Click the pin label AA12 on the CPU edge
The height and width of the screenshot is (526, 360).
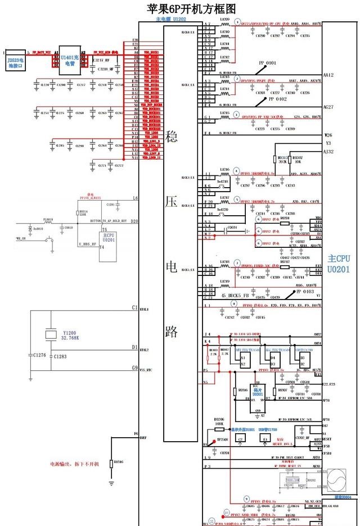click(x=329, y=75)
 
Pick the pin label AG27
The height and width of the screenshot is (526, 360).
click(x=329, y=107)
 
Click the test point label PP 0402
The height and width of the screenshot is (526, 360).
click(x=277, y=99)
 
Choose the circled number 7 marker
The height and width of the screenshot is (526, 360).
click(x=237, y=264)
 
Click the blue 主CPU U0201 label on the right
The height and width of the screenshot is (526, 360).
click(x=339, y=264)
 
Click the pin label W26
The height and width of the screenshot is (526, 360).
click(x=328, y=135)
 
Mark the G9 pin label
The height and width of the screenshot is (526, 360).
click(x=134, y=368)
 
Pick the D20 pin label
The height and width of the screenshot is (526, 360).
click(x=134, y=221)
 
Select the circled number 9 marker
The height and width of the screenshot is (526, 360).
click(x=246, y=498)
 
